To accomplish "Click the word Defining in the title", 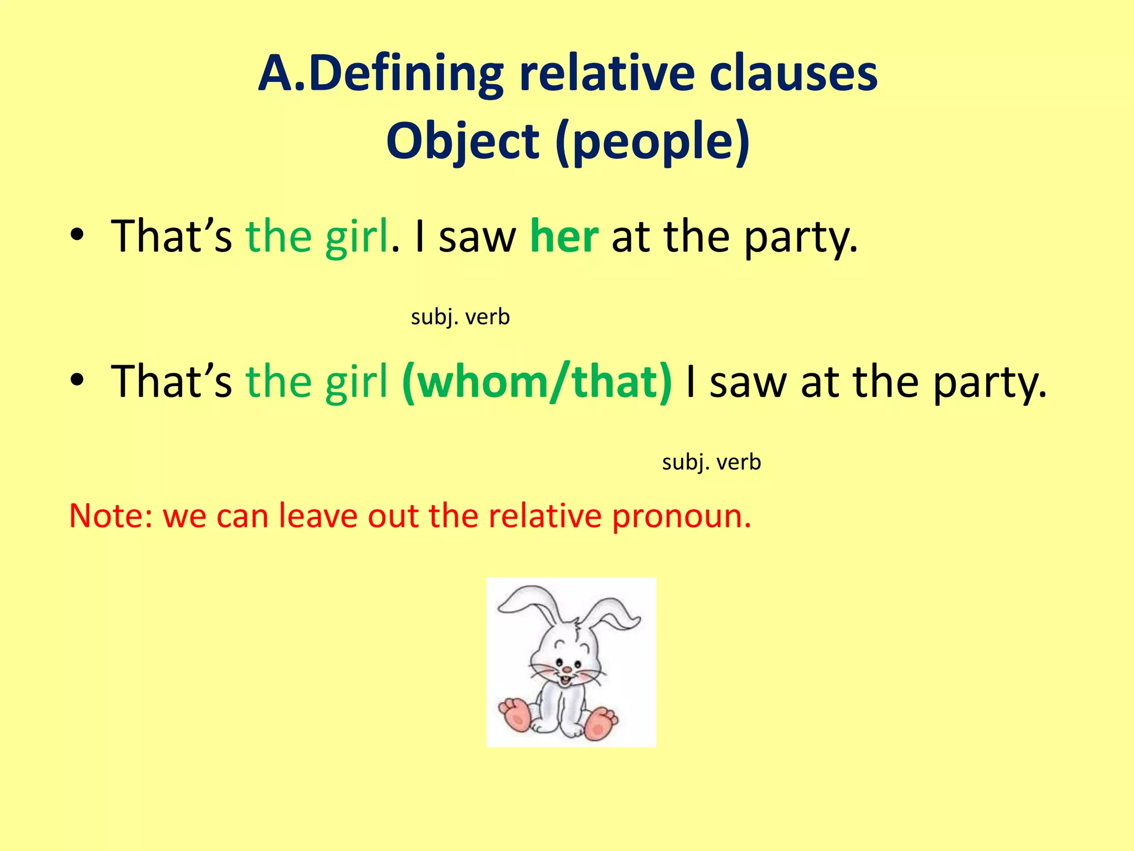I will pos(405,74).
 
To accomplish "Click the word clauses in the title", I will pos(793,74).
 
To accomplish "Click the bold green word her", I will pos(564,237).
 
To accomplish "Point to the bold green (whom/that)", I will pos(537,382).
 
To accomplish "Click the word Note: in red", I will pos(110,516).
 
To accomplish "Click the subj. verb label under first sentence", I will pos(460,317).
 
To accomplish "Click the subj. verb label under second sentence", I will pos(712,462).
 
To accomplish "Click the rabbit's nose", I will pos(566,669).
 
